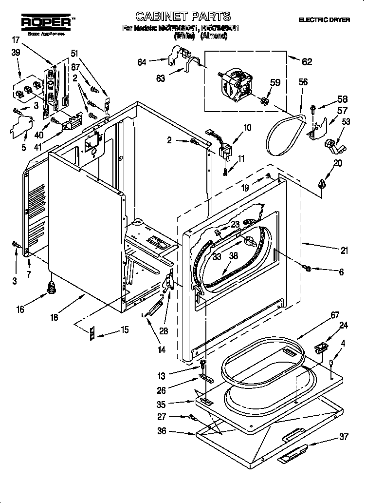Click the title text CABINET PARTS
[x=176, y=17]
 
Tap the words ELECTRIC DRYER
[x=323, y=20]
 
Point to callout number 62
[x=307, y=61]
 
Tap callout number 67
[x=335, y=315]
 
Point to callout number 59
[x=275, y=83]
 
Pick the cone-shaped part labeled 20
[x=321, y=184]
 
